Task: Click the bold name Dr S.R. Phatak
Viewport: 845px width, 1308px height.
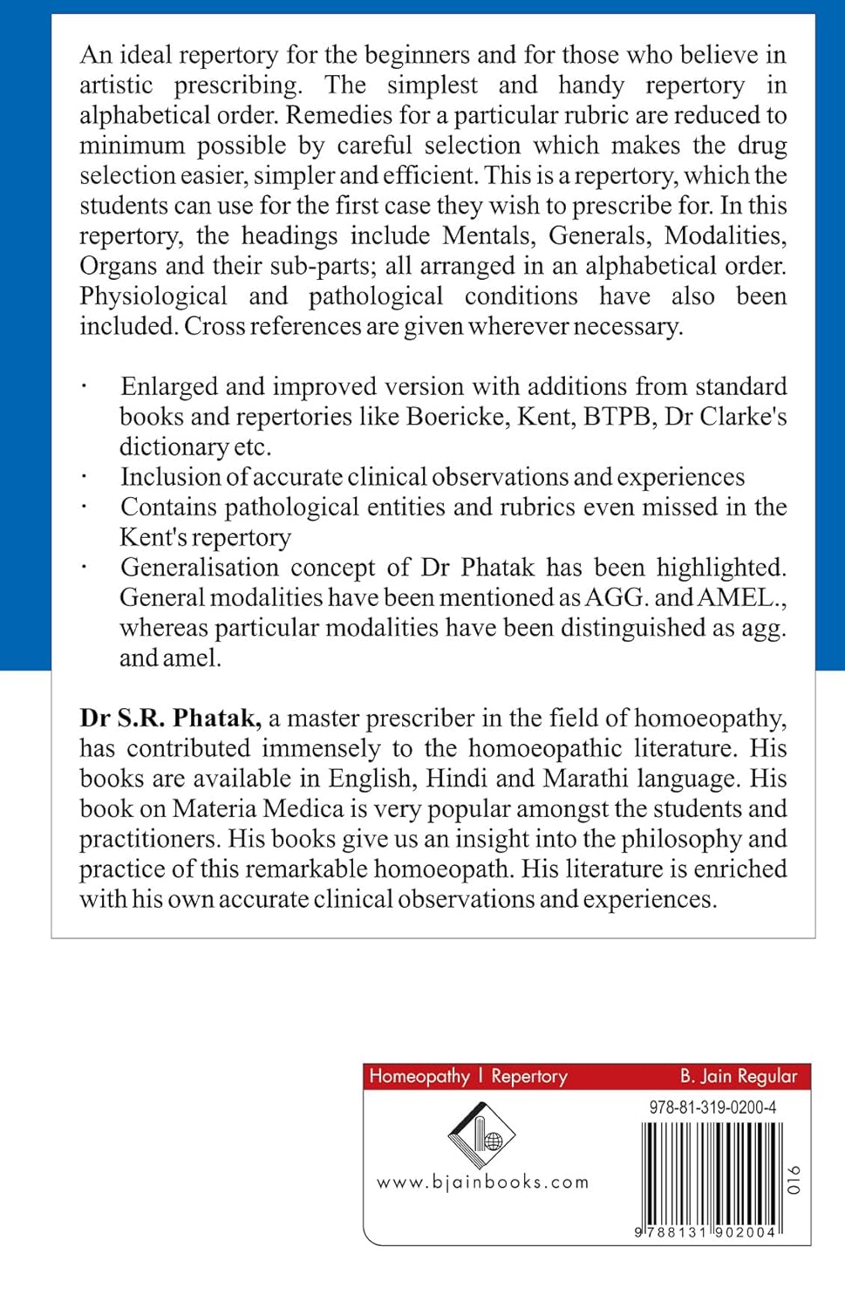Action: point(170,718)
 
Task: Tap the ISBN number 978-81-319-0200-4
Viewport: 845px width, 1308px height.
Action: point(712,1107)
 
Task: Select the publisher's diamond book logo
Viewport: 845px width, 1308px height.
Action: point(481,1134)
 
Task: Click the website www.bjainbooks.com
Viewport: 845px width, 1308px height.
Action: point(482,1182)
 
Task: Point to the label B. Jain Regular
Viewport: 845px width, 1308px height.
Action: point(739,1076)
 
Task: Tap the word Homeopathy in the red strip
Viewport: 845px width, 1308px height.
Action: point(419,1076)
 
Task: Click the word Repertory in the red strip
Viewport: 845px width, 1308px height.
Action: point(528,1076)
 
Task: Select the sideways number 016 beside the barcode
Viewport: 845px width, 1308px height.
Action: point(793,1179)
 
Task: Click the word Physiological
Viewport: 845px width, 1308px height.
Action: point(153,296)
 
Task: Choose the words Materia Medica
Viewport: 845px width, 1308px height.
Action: point(258,808)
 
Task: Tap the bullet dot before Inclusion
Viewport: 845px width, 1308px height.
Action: point(84,477)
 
